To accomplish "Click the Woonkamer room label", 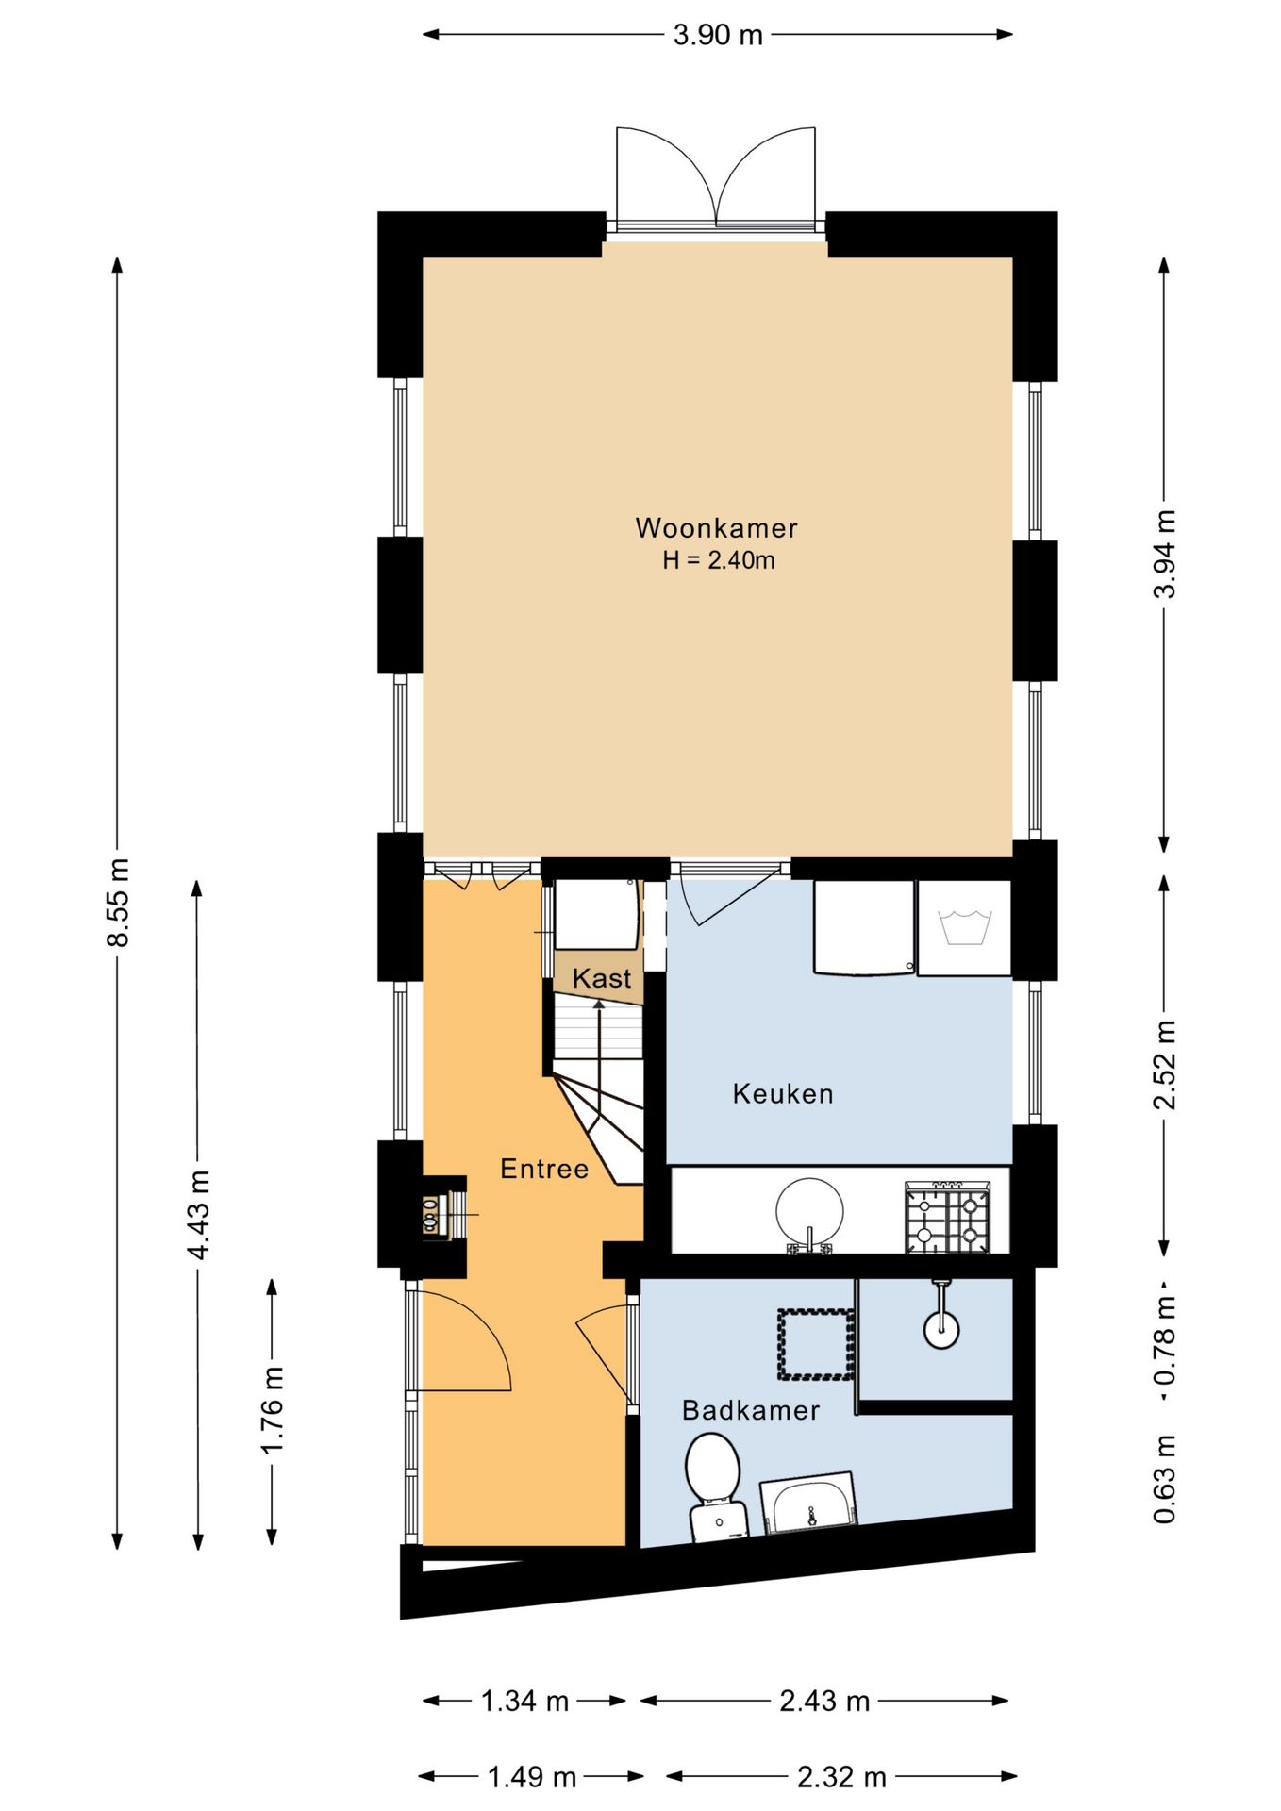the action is [716, 527].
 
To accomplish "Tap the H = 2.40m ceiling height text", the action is [718, 560].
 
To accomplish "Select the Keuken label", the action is [783, 1094].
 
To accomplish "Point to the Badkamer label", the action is [750, 1410].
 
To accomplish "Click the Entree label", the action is [544, 1169].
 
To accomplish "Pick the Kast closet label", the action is [602, 978].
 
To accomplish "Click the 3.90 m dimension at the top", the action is [718, 35].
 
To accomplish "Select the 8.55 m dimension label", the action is [118, 902].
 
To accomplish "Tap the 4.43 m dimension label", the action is [198, 1214].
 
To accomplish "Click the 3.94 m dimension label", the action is [1165, 554].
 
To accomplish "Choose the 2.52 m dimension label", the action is [1165, 1065].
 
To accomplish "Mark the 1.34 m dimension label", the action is [525, 1701].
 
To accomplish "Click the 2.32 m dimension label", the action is [841, 1778].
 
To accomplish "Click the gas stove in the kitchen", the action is [948, 1218].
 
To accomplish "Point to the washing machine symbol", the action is [964, 928].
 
